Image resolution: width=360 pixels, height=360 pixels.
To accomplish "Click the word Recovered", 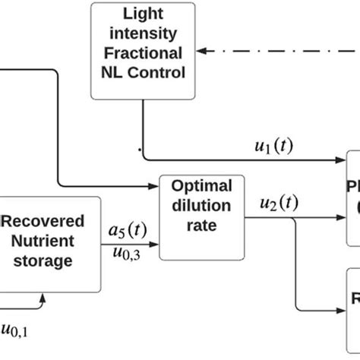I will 49,223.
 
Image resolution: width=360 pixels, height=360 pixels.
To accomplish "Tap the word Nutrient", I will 49,242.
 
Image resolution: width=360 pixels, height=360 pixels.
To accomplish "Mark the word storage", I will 49,262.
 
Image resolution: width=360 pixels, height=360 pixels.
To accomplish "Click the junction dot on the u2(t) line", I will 295,218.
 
